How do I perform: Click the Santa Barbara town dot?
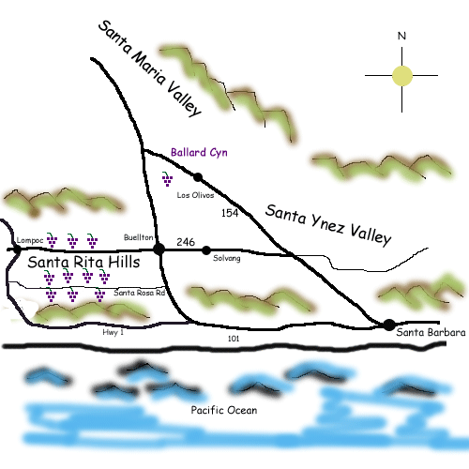coord(389,325)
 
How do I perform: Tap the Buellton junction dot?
coord(159,250)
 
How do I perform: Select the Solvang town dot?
coord(206,250)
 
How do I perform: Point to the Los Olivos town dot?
coord(198,177)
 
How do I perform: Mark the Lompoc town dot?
coord(17,250)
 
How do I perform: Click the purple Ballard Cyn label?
coord(199,153)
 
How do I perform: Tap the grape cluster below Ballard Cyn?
coord(167,179)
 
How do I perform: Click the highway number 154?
coord(230,213)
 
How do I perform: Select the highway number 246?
coord(186,242)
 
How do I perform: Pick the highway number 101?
coord(234,339)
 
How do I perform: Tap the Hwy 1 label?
coord(113,332)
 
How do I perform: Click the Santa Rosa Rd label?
coord(139,293)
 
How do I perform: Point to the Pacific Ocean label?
coord(224,410)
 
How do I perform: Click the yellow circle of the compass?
coord(402,76)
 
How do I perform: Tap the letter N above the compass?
coord(401,36)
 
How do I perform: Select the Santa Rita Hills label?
coord(83,262)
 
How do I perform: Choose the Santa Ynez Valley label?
coord(328,224)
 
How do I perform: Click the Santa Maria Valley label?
coord(150,68)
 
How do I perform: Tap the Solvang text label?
coord(227,259)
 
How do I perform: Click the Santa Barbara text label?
coord(431,332)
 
